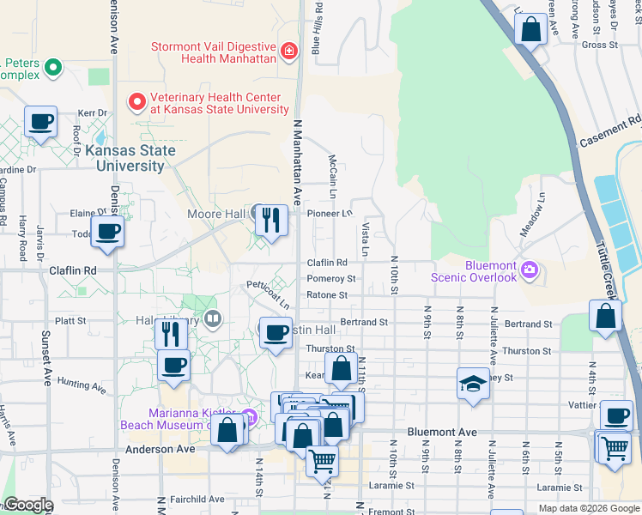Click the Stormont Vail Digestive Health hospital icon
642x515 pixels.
point(289,51)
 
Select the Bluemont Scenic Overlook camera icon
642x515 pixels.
point(530,270)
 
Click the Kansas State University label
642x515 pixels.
point(131,158)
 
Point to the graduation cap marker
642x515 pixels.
point(473,385)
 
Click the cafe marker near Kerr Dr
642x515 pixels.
point(40,122)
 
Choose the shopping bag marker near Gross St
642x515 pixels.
point(531,30)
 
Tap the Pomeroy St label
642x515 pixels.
point(331,279)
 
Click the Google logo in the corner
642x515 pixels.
point(27,505)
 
